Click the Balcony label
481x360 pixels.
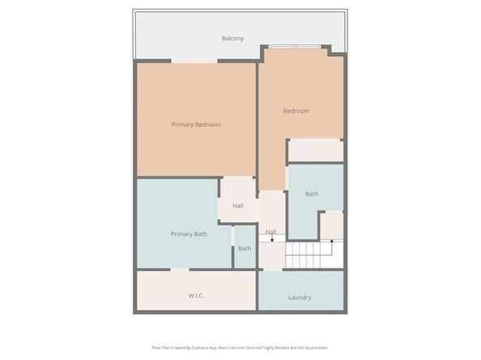pyautogui.click(x=232, y=38)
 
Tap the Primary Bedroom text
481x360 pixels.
pyautogui.click(x=196, y=125)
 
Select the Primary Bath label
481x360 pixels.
pyautogui.click(x=189, y=234)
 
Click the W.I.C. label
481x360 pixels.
pyautogui.click(x=195, y=295)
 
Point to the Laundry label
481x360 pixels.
pyautogui.click(x=300, y=298)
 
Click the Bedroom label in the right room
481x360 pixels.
pyautogui.click(x=296, y=111)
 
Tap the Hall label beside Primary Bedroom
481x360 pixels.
pyautogui.click(x=238, y=205)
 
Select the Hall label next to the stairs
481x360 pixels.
pyautogui.click(x=271, y=232)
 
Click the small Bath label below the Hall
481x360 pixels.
pyautogui.click(x=245, y=248)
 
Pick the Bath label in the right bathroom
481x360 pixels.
pyautogui.click(x=312, y=194)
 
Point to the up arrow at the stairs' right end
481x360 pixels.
pyautogui.click(x=330, y=240)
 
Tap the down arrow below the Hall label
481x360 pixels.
pyautogui.click(x=272, y=239)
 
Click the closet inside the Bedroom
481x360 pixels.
pyautogui.click(x=315, y=150)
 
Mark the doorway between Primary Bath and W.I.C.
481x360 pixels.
pyautogui.click(x=181, y=269)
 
